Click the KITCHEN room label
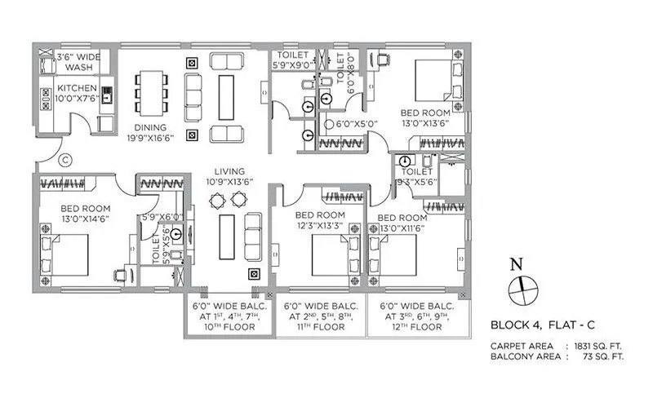[77, 88]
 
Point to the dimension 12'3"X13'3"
[319, 225]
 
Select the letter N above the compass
[514, 264]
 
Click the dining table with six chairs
[151, 91]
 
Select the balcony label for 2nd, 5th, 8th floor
[322, 316]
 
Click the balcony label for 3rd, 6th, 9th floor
[418, 316]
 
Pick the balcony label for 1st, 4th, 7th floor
[230, 316]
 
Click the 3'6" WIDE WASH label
[80, 63]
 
